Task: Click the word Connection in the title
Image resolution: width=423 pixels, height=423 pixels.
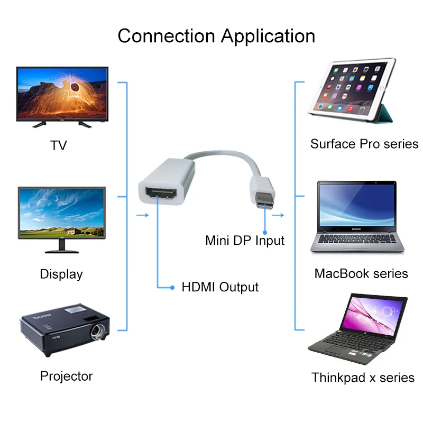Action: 167,36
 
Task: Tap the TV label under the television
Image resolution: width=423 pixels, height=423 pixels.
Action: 59,145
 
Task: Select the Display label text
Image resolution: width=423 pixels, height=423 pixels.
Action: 61,274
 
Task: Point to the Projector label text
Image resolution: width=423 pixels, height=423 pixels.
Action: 66,376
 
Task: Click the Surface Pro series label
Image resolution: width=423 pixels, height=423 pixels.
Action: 364,144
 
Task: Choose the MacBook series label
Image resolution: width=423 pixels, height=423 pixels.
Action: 361,273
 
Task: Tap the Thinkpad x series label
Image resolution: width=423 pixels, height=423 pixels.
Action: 363,378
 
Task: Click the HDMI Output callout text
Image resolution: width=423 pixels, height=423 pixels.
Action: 220,288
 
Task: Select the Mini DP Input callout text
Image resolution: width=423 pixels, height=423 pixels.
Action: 245,241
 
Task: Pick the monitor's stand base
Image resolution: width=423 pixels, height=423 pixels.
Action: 62,250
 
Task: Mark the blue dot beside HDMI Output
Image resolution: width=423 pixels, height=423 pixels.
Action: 172,288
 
